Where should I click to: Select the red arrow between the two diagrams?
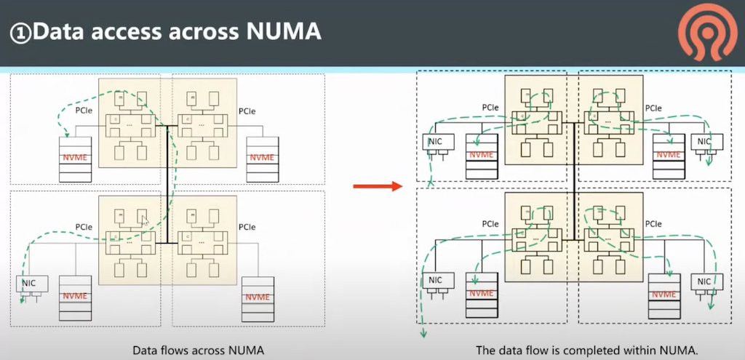377,187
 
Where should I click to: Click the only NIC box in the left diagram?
31,284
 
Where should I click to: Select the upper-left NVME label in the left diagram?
75,157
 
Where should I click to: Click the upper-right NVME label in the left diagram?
262,157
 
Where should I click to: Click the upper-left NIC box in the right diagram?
435,142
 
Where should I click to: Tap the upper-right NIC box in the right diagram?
705,142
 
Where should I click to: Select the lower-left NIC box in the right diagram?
435,281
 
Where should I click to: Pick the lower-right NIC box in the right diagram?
704,281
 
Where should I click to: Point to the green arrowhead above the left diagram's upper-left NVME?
67,133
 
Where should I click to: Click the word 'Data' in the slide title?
65,32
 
